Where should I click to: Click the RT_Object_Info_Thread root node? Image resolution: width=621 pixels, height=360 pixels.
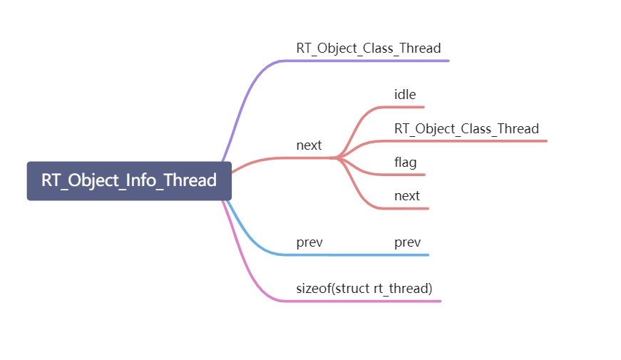(x=129, y=180)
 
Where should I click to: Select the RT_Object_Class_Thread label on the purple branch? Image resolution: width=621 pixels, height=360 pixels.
(x=369, y=48)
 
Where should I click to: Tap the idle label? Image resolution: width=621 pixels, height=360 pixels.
(x=405, y=94)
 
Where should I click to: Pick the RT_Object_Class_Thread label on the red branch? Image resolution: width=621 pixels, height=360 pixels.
(x=466, y=128)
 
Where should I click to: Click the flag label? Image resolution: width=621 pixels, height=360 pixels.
(x=405, y=163)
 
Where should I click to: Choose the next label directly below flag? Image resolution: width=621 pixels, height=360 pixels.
(x=407, y=196)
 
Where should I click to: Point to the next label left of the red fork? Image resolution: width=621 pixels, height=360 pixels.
(x=309, y=145)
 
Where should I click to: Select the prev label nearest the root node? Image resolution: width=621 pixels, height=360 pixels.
(x=309, y=242)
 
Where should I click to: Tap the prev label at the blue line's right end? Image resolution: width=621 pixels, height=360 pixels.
(x=407, y=242)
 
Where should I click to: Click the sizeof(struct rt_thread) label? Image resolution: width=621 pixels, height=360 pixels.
(x=364, y=289)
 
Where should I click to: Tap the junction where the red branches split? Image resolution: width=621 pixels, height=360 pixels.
(x=338, y=158)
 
